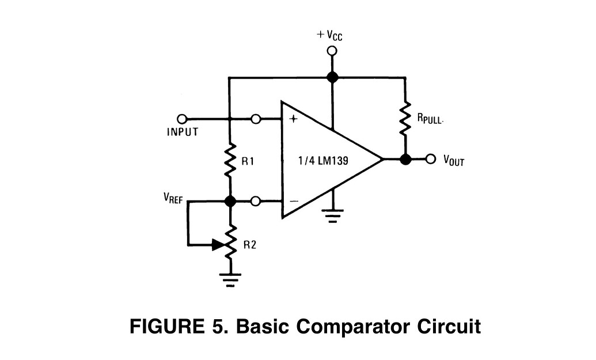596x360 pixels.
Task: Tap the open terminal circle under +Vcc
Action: click(332, 51)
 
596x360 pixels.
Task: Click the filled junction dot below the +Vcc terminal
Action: click(332, 77)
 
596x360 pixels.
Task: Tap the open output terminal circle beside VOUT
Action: click(430, 160)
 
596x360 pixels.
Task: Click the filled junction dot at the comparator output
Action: click(405, 160)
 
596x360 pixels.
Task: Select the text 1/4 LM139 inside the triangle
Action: click(323, 160)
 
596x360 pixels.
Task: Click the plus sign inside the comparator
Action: click(293, 119)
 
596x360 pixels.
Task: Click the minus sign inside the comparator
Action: click(293, 202)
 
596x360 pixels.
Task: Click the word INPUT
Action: click(183, 132)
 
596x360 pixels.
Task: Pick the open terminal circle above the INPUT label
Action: click(182, 119)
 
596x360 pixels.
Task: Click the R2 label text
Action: click(249, 244)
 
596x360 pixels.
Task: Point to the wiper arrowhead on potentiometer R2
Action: click(218, 245)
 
